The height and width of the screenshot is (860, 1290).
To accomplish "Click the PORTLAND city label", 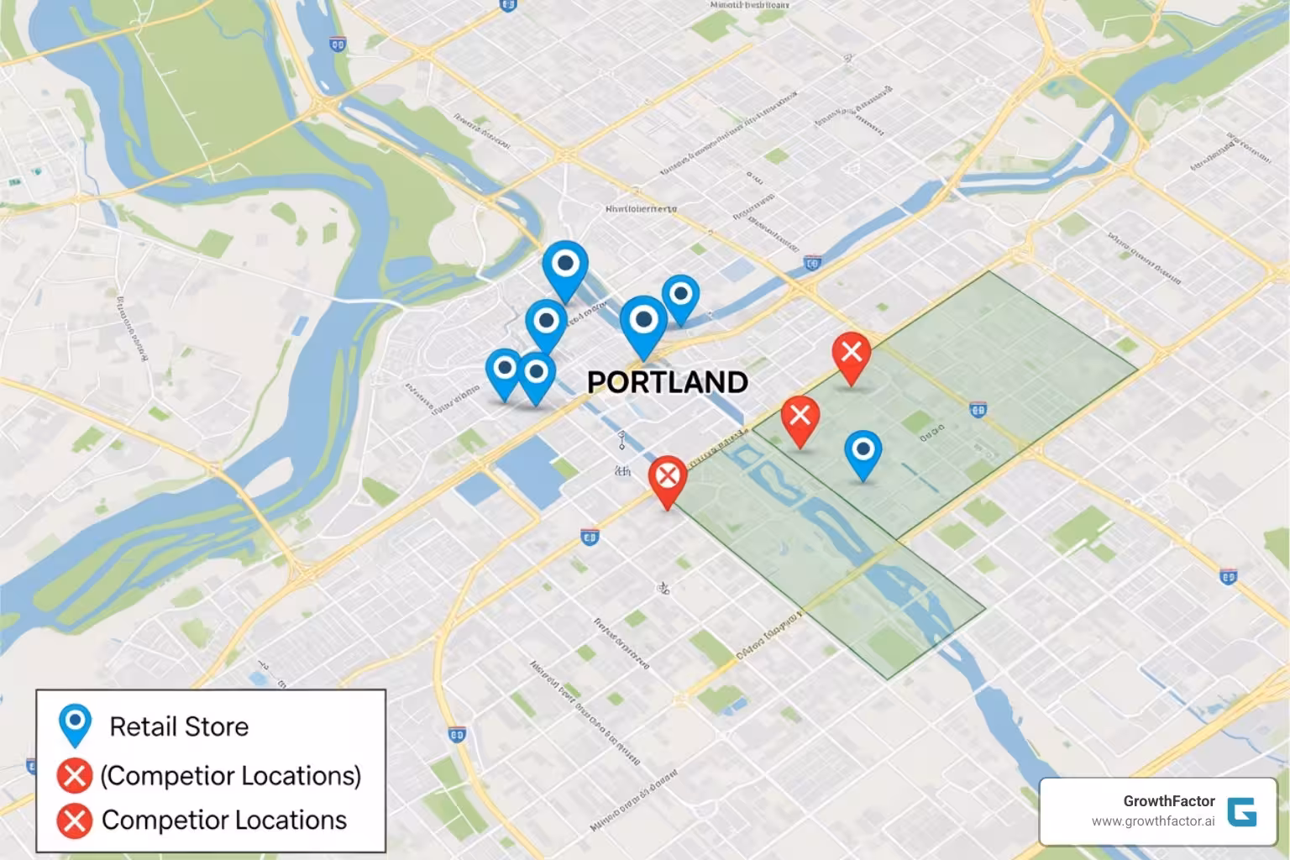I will [x=667, y=382].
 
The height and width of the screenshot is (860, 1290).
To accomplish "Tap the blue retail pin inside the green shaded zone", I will [x=863, y=451].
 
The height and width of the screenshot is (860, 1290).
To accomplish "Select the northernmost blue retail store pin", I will [x=565, y=265].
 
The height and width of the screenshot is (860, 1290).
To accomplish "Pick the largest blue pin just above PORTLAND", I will [x=643, y=322].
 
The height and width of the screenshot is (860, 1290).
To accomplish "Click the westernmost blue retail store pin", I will [x=504, y=370].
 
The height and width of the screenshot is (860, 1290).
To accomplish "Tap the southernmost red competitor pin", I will [x=668, y=479].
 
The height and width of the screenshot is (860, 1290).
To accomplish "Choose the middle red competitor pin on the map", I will [x=800, y=417].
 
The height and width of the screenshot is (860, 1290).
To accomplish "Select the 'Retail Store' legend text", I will [x=179, y=726].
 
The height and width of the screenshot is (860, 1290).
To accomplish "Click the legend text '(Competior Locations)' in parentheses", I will [x=230, y=775].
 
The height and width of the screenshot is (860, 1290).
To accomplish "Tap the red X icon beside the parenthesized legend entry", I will [x=74, y=775].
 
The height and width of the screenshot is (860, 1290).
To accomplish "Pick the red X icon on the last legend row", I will [x=74, y=820].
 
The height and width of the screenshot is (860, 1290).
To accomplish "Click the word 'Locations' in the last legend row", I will [x=292, y=820].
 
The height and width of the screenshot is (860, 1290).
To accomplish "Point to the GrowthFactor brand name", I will [x=1168, y=801].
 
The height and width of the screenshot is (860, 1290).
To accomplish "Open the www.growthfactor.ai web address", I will [x=1153, y=821].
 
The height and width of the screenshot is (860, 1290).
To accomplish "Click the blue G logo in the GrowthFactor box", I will [x=1242, y=811].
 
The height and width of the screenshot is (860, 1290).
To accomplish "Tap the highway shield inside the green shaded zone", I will [x=977, y=410].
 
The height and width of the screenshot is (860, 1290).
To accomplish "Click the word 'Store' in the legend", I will [x=217, y=726].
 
